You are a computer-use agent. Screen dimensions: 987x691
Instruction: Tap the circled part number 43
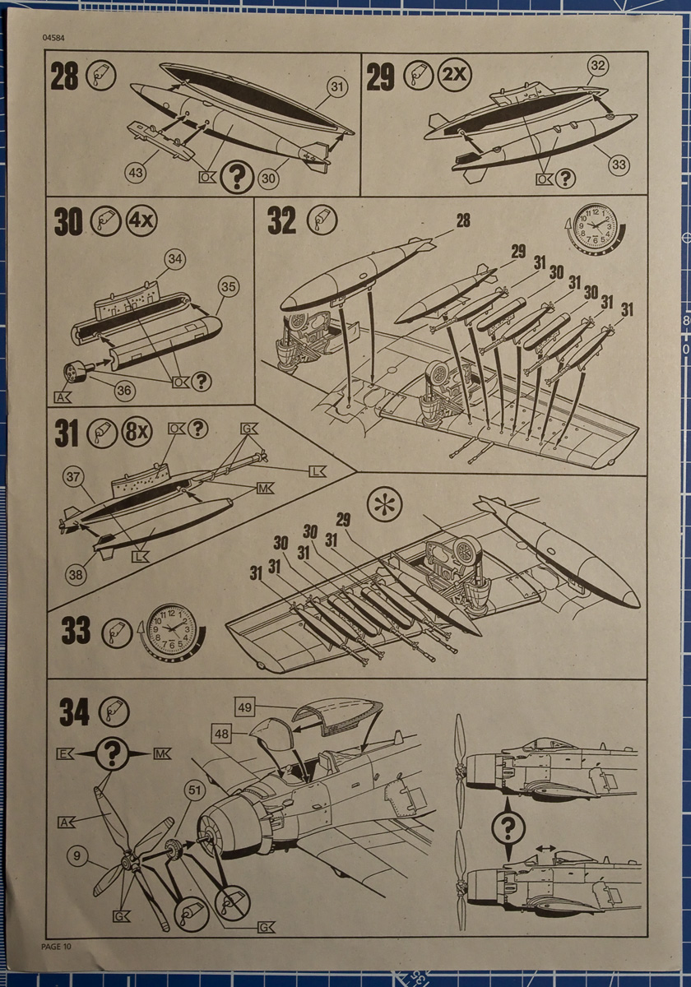coord(136,171)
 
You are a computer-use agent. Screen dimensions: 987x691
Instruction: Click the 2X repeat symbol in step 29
coord(453,76)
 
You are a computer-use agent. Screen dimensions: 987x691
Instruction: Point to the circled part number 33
coord(619,164)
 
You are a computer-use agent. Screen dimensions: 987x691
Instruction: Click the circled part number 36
coord(123,389)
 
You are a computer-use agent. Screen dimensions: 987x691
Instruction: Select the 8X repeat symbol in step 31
coord(137,432)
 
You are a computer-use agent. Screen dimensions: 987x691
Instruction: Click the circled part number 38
coord(77,575)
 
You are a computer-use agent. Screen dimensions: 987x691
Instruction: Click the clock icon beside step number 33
coord(171,630)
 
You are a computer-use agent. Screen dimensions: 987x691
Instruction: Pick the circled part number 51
coord(194,791)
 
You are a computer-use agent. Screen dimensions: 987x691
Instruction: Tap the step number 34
coord(75,713)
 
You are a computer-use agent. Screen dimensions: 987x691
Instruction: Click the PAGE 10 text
coord(56,947)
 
